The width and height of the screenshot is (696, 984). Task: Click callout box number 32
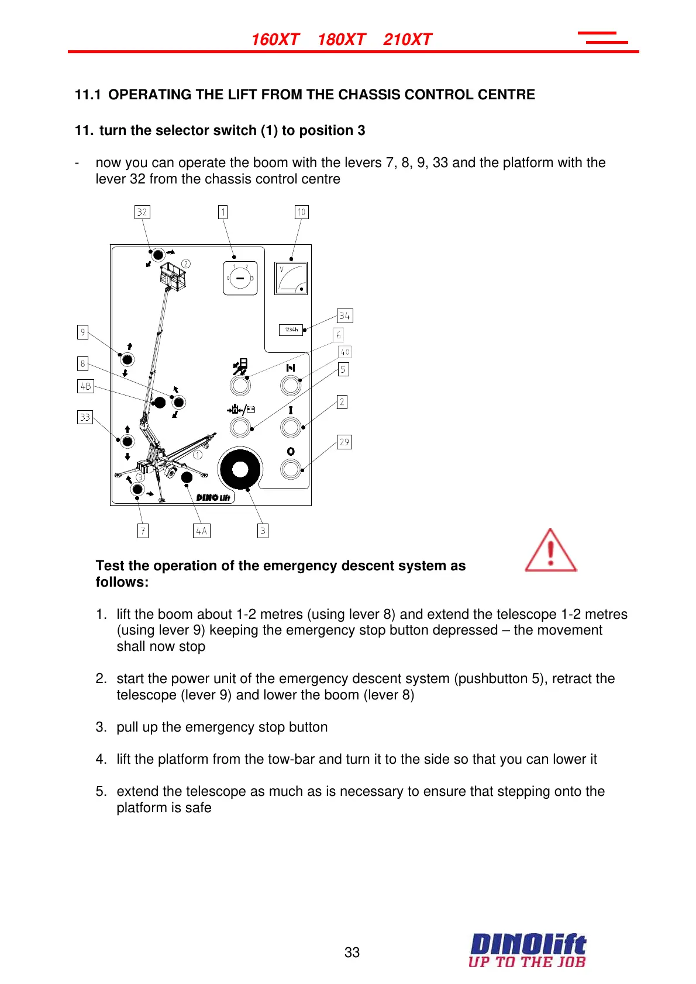(142, 212)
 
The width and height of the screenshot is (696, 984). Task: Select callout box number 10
(301, 212)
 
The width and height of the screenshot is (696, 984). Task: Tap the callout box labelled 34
(344, 316)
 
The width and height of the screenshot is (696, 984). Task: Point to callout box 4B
(85, 386)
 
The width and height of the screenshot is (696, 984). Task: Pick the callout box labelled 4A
(201, 531)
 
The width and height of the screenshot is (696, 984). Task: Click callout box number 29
(344, 442)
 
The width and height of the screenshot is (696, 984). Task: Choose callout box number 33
(85, 417)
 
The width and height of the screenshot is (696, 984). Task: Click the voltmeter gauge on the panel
(291, 279)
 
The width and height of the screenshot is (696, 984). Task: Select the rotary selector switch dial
(240, 278)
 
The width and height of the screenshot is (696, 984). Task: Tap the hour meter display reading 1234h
(291, 330)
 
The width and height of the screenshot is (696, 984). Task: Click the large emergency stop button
(240, 469)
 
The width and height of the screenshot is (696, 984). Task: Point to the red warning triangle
(550, 551)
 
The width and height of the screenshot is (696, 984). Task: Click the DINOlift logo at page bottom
(527, 951)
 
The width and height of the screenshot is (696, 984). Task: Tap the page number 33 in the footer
(352, 952)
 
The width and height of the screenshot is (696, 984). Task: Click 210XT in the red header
(407, 40)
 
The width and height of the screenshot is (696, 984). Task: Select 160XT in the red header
(275, 40)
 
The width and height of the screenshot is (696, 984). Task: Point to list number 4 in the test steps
(101, 759)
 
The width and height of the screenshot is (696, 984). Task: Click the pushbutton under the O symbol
(291, 469)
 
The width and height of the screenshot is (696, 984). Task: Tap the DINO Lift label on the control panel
(213, 497)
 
